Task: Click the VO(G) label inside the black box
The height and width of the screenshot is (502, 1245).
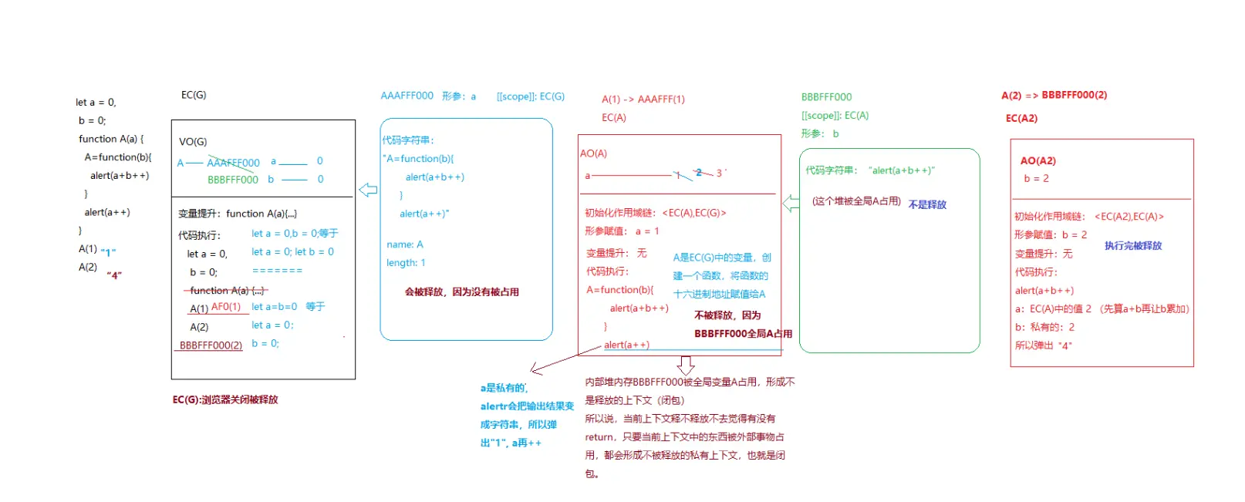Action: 193,142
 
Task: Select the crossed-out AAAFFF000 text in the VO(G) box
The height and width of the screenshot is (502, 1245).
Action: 233,163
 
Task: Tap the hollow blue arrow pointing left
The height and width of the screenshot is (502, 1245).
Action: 368,190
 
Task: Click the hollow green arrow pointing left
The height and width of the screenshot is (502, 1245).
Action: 791,203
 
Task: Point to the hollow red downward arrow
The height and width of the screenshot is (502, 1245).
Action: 686,365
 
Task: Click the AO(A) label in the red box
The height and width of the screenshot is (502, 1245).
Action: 594,153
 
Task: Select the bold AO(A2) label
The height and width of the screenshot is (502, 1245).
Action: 1037,160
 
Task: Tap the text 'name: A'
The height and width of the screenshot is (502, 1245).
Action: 405,244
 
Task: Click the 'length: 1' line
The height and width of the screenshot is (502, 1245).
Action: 406,263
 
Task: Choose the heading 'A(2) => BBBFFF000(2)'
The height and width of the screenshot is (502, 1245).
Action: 1054,95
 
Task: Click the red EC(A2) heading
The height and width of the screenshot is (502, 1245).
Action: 1021,118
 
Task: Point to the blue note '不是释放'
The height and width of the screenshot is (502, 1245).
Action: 926,204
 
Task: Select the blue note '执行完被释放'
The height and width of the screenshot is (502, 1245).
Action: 1132,245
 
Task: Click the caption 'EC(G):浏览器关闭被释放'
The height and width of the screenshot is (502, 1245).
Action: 225,399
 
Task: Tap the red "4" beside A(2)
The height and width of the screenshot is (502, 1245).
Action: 114,275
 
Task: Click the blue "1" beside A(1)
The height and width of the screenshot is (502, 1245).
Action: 108,251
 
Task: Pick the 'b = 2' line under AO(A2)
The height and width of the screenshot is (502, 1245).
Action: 1036,178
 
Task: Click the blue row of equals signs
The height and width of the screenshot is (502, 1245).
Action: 277,271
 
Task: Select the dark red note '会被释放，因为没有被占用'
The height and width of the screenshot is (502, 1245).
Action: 461,291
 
